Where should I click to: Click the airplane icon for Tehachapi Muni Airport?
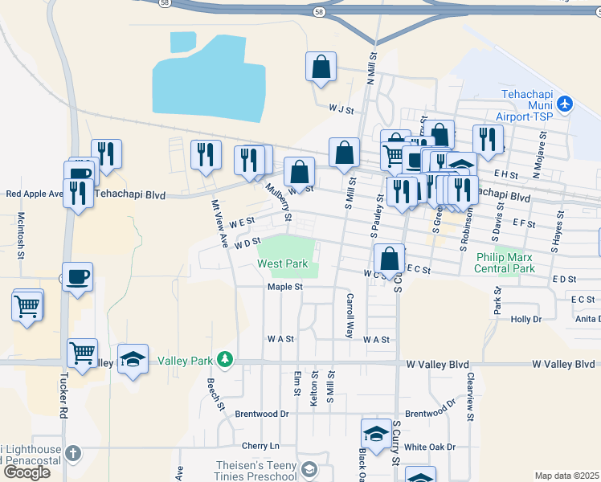[566, 104]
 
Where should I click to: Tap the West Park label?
[282, 263]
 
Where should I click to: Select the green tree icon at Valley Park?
[227, 361]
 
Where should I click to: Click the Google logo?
[27, 472]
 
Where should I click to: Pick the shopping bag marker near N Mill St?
[321, 69]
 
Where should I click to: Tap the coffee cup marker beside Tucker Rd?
[77, 278]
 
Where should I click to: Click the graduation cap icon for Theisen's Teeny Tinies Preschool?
[309, 469]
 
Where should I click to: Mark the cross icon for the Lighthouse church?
[73, 453]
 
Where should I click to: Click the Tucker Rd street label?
[63, 398]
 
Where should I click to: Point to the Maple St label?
[284, 287]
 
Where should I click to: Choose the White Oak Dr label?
[430, 447]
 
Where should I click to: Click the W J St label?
[341, 108]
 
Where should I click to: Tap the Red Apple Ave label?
[34, 194]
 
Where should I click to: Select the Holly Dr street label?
[526, 319]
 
